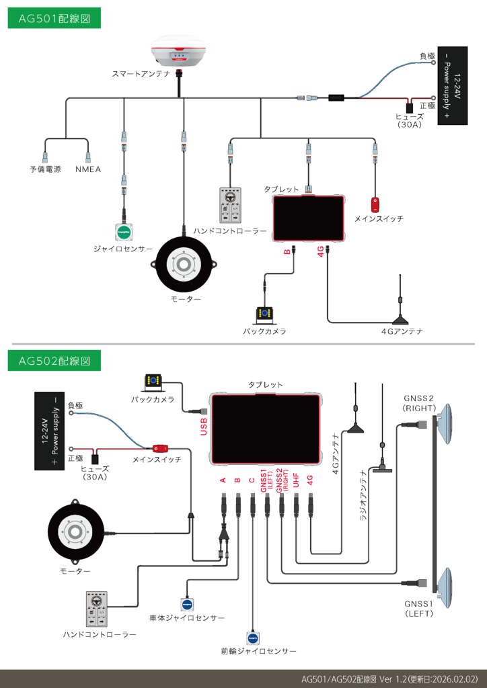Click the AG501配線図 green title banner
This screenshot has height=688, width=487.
coord(54,19)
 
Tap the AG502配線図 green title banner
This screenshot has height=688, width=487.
coord(54,361)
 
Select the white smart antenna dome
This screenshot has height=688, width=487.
coord(180,51)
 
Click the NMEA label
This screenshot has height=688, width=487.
coord(88,169)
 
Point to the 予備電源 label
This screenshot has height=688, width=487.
coord(45,169)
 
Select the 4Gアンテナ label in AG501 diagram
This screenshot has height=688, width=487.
coord(402,331)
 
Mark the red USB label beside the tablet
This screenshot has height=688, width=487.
coord(203,425)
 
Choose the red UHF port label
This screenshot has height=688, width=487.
coord(295,481)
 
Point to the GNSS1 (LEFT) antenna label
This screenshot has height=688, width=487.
coord(420,608)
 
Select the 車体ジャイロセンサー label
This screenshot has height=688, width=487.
coord(187,617)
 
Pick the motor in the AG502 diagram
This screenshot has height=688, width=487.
coord(75,533)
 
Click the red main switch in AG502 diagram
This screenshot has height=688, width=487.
coord(160,448)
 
